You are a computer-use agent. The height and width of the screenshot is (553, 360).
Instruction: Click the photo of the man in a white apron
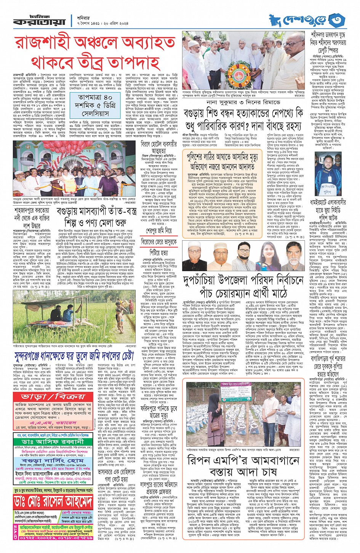click(328, 179)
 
